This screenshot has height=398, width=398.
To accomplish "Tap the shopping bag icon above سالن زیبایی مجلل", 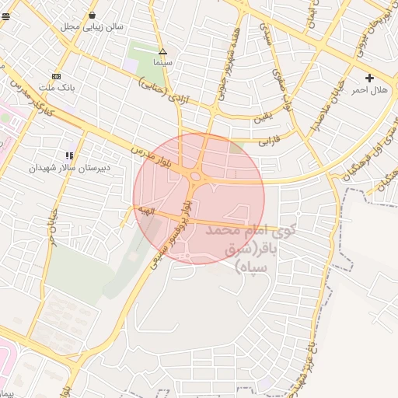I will pyautogui.click(x=93, y=15).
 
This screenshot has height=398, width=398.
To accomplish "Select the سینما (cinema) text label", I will pyautogui.click(x=162, y=61).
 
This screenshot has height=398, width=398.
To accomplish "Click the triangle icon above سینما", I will pyautogui.click(x=162, y=51).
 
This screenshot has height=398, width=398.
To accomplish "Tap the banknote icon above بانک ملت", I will pyautogui.click(x=56, y=76).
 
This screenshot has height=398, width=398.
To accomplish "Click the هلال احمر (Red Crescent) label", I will pyautogui.click(x=368, y=90).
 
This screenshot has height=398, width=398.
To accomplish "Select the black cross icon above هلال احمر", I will pyautogui.click(x=369, y=78).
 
